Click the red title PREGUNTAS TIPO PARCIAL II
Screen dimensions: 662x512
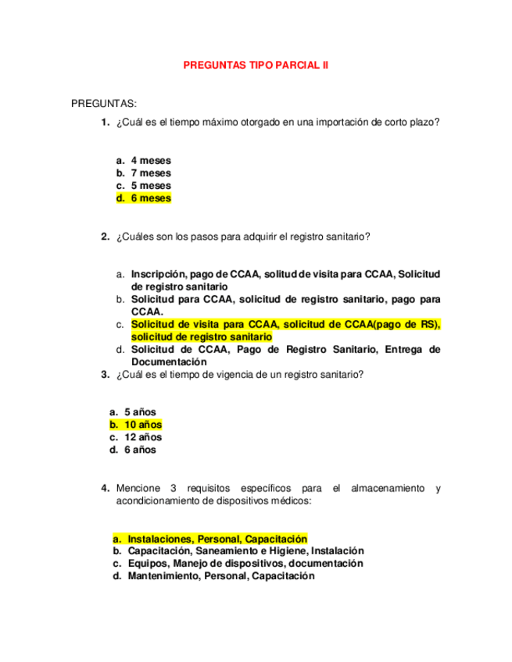(x=256, y=66)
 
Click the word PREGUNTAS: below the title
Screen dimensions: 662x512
(x=104, y=103)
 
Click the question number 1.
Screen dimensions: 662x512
(x=105, y=122)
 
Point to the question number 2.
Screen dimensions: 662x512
(x=105, y=237)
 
